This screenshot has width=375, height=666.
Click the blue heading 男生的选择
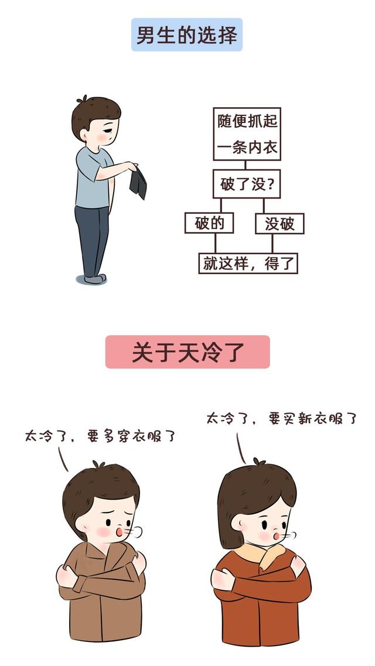click(187, 35)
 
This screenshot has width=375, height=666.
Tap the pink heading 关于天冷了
click(187, 351)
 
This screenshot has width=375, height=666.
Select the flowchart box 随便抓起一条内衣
click(247, 134)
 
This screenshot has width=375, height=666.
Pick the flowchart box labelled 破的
click(209, 223)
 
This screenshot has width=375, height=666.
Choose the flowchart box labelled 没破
click(279, 223)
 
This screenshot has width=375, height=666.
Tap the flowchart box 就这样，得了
click(248, 264)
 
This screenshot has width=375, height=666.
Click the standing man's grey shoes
click(94, 279)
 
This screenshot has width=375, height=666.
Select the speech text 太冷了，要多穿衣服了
click(100, 436)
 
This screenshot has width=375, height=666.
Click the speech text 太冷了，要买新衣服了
click(281, 418)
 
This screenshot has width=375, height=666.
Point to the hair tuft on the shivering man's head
click(98, 465)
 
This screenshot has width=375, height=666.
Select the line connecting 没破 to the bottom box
click(272, 243)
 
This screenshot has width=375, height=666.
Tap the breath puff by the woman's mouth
click(290, 535)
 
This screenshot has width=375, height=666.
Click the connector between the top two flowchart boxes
click(245, 165)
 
